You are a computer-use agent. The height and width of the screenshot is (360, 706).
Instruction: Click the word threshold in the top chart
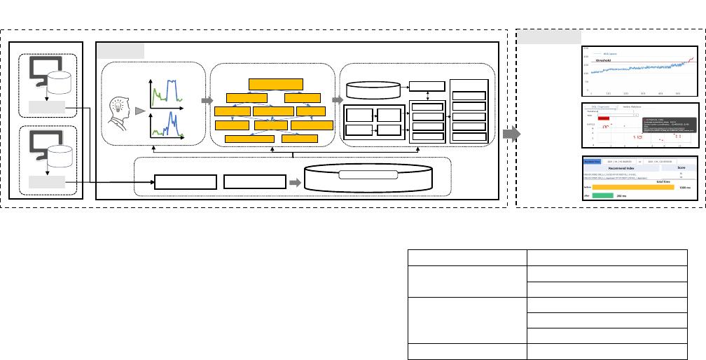[x=604, y=61]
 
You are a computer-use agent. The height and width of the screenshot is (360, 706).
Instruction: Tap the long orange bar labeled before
[x=631, y=187]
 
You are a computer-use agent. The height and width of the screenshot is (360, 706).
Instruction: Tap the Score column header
[x=681, y=168]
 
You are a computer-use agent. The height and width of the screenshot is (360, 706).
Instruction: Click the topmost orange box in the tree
[x=275, y=84]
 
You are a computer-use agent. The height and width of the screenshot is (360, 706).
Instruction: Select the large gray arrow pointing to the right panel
[x=512, y=134]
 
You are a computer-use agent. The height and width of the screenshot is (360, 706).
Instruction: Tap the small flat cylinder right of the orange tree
[x=373, y=90]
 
